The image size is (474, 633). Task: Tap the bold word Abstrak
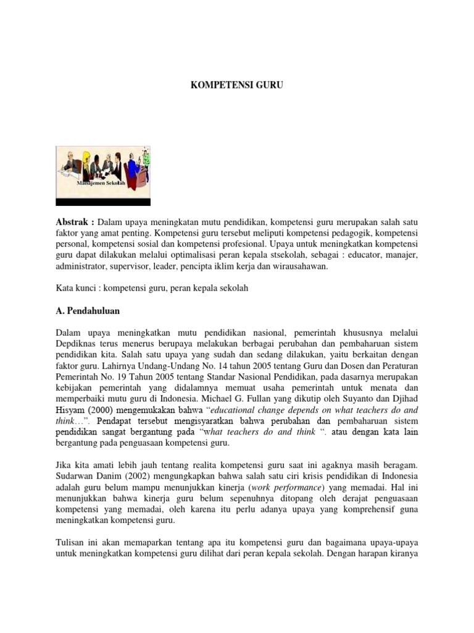tap(72, 222)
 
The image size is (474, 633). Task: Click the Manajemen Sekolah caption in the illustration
tap(100, 184)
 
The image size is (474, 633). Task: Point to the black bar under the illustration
tap(103, 202)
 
